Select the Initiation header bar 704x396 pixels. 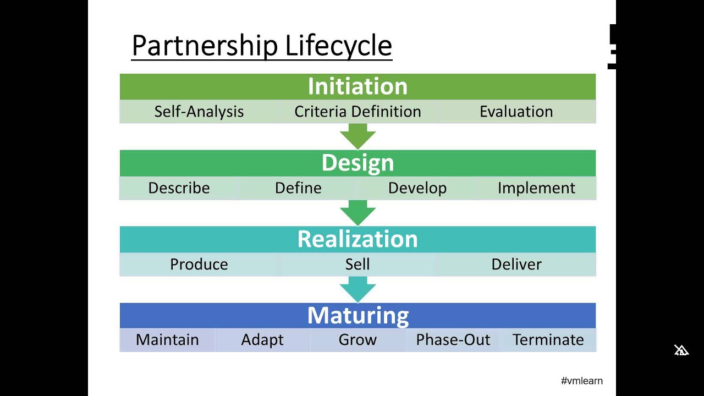point(358,86)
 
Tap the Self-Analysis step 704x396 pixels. point(199,112)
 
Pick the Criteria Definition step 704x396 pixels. point(358,112)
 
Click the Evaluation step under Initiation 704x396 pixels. point(516,112)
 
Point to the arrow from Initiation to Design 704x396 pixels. point(358,136)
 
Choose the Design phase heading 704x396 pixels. point(358,163)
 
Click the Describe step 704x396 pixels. point(179,188)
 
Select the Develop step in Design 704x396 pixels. point(417,188)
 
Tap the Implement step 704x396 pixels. point(536,188)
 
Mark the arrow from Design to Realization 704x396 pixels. point(358,212)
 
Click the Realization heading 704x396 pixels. point(358,239)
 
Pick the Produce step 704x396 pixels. point(199,265)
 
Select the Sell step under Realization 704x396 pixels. point(358,265)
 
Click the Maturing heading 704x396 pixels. point(358,316)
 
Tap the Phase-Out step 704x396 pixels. point(453,340)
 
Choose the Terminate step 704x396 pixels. point(548,340)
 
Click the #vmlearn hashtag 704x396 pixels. point(581,381)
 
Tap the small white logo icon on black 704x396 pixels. point(681,350)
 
